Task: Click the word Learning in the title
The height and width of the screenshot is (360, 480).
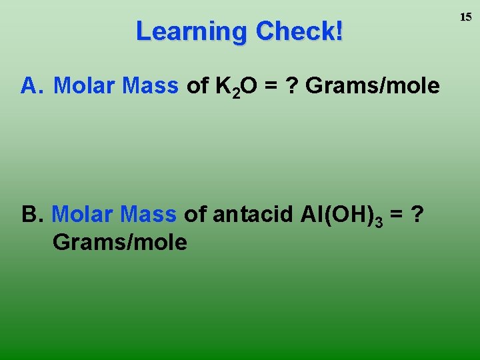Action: pos(191,31)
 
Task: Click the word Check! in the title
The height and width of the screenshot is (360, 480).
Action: pos(299,31)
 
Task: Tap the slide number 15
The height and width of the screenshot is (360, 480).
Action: pos(465,17)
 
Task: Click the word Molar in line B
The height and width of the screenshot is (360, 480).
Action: pos(79,214)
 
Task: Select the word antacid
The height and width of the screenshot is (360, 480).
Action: pos(252,214)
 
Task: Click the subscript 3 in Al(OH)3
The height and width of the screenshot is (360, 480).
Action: pos(379,221)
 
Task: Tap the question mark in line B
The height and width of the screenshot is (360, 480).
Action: pos(417,214)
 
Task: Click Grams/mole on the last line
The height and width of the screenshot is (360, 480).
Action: pos(119,242)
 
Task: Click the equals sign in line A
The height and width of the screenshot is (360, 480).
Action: pos(268,86)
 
